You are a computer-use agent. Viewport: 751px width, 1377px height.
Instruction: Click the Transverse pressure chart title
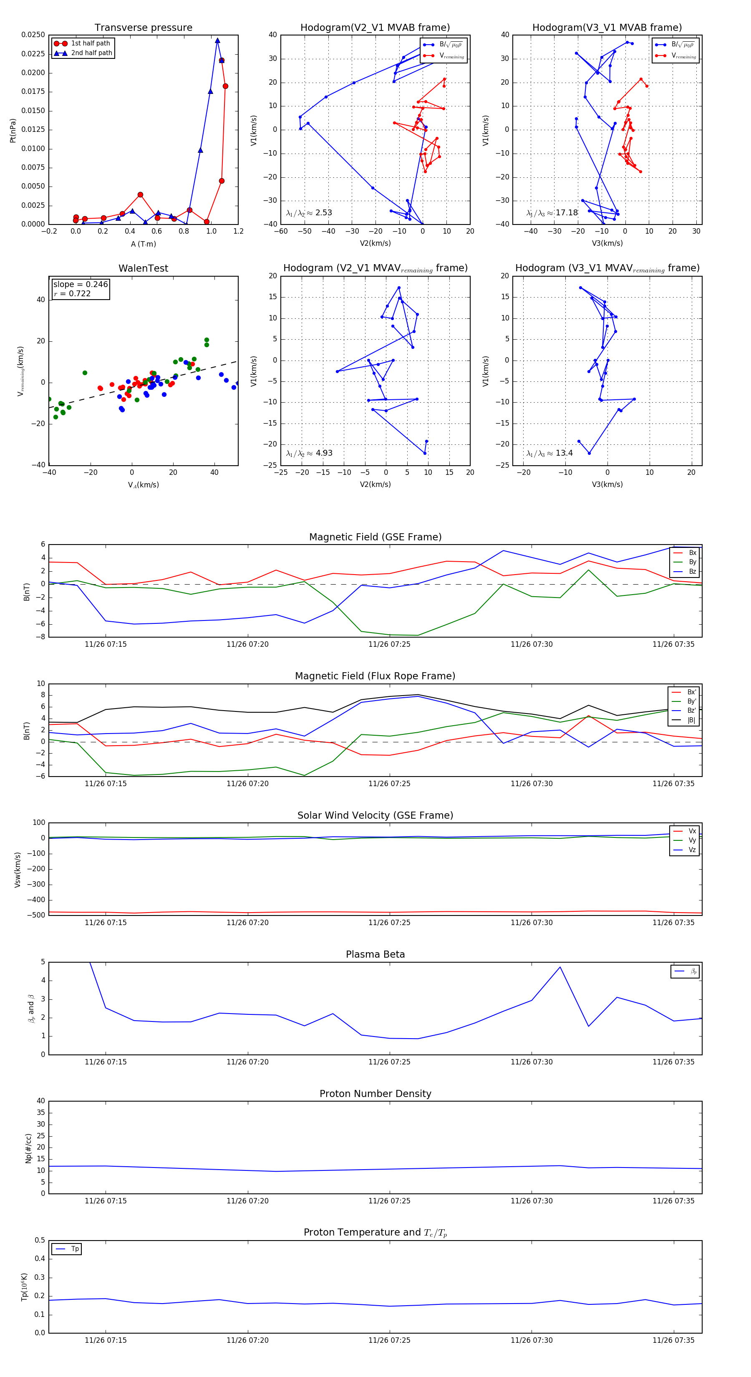point(143,28)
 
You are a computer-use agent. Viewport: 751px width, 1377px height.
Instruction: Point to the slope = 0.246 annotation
point(80,285)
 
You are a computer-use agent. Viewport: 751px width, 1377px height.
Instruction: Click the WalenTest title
point(143,268)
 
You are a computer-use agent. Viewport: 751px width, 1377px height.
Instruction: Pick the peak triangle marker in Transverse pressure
point(217,40)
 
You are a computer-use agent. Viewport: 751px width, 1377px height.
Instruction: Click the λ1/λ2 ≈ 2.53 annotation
point(309,213)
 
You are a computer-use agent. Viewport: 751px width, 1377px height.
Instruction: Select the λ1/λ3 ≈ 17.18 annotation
point(552,213)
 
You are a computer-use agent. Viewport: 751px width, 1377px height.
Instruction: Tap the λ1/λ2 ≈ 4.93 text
point(309,453)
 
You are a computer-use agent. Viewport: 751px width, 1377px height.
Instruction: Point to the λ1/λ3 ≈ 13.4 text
point(549,453)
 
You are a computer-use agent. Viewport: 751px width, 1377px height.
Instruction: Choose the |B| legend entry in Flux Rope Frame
point(691,720)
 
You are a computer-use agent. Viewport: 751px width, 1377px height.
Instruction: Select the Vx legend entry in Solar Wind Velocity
point(692,831)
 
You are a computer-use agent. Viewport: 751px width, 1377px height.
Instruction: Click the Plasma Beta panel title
point(375,955)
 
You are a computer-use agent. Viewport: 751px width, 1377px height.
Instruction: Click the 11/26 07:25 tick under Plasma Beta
point(389,1062)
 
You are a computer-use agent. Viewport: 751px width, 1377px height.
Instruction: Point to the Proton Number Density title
point(375,1094)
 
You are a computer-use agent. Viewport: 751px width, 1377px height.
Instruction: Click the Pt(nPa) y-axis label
point(13,131)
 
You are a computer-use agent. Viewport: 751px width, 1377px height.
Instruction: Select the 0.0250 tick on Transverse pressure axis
point(33,35)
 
